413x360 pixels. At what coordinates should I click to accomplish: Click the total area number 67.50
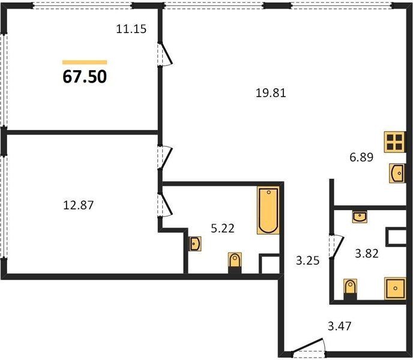[85, 77]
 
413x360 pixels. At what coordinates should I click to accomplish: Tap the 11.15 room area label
[131, 29]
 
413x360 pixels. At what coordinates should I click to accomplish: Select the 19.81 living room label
[271, 93]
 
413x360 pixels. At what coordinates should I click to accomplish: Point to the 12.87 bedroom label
[79, 205]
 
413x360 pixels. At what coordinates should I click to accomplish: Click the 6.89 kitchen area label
[361, 157]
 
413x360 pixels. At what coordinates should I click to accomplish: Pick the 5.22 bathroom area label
[223, 229]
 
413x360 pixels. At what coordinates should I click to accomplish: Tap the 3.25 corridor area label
[307, 261]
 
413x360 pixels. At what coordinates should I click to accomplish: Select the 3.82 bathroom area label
[367, 253]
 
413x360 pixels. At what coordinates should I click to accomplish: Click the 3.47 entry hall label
[340, 326]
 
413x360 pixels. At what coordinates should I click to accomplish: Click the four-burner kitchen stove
[394, 142]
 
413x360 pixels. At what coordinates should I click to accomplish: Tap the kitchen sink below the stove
[397, 173]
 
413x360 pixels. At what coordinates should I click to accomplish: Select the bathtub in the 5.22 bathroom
[268, 210]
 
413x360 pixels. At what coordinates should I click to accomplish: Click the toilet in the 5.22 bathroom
[235, 263]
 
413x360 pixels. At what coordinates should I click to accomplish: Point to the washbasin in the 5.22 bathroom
[195, 244]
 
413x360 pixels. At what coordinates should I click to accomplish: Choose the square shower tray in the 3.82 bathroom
[395, 289]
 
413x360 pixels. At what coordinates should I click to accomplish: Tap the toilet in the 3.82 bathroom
[351, 289]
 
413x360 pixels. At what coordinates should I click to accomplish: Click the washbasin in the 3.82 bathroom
[360, 217]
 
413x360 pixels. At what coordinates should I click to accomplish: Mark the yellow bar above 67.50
[85, 62]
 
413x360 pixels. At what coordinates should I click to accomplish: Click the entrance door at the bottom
[308, 345]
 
